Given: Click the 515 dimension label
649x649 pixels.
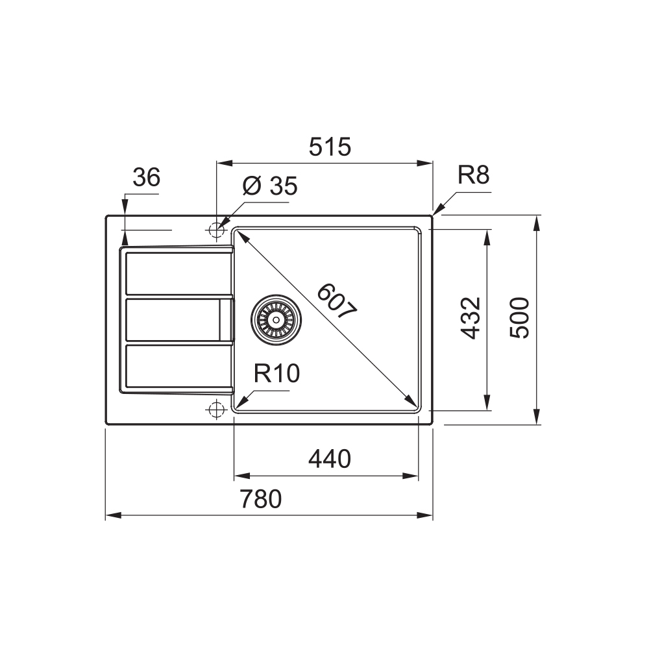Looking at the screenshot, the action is coord(330,147).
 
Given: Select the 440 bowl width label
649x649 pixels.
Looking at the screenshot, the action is coord(330,459).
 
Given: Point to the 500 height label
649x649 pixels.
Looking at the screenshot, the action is coord(519,318).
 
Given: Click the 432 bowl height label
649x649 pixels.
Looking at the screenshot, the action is coord(471,318).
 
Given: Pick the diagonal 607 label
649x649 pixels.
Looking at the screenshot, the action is coord(336,301).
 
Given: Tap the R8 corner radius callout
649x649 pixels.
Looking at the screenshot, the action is coord(473,175).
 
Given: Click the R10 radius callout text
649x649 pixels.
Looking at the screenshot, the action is coord(276,373).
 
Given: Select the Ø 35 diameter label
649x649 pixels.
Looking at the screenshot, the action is coord(269,186).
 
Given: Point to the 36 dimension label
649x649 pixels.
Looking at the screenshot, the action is coord(146,177).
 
